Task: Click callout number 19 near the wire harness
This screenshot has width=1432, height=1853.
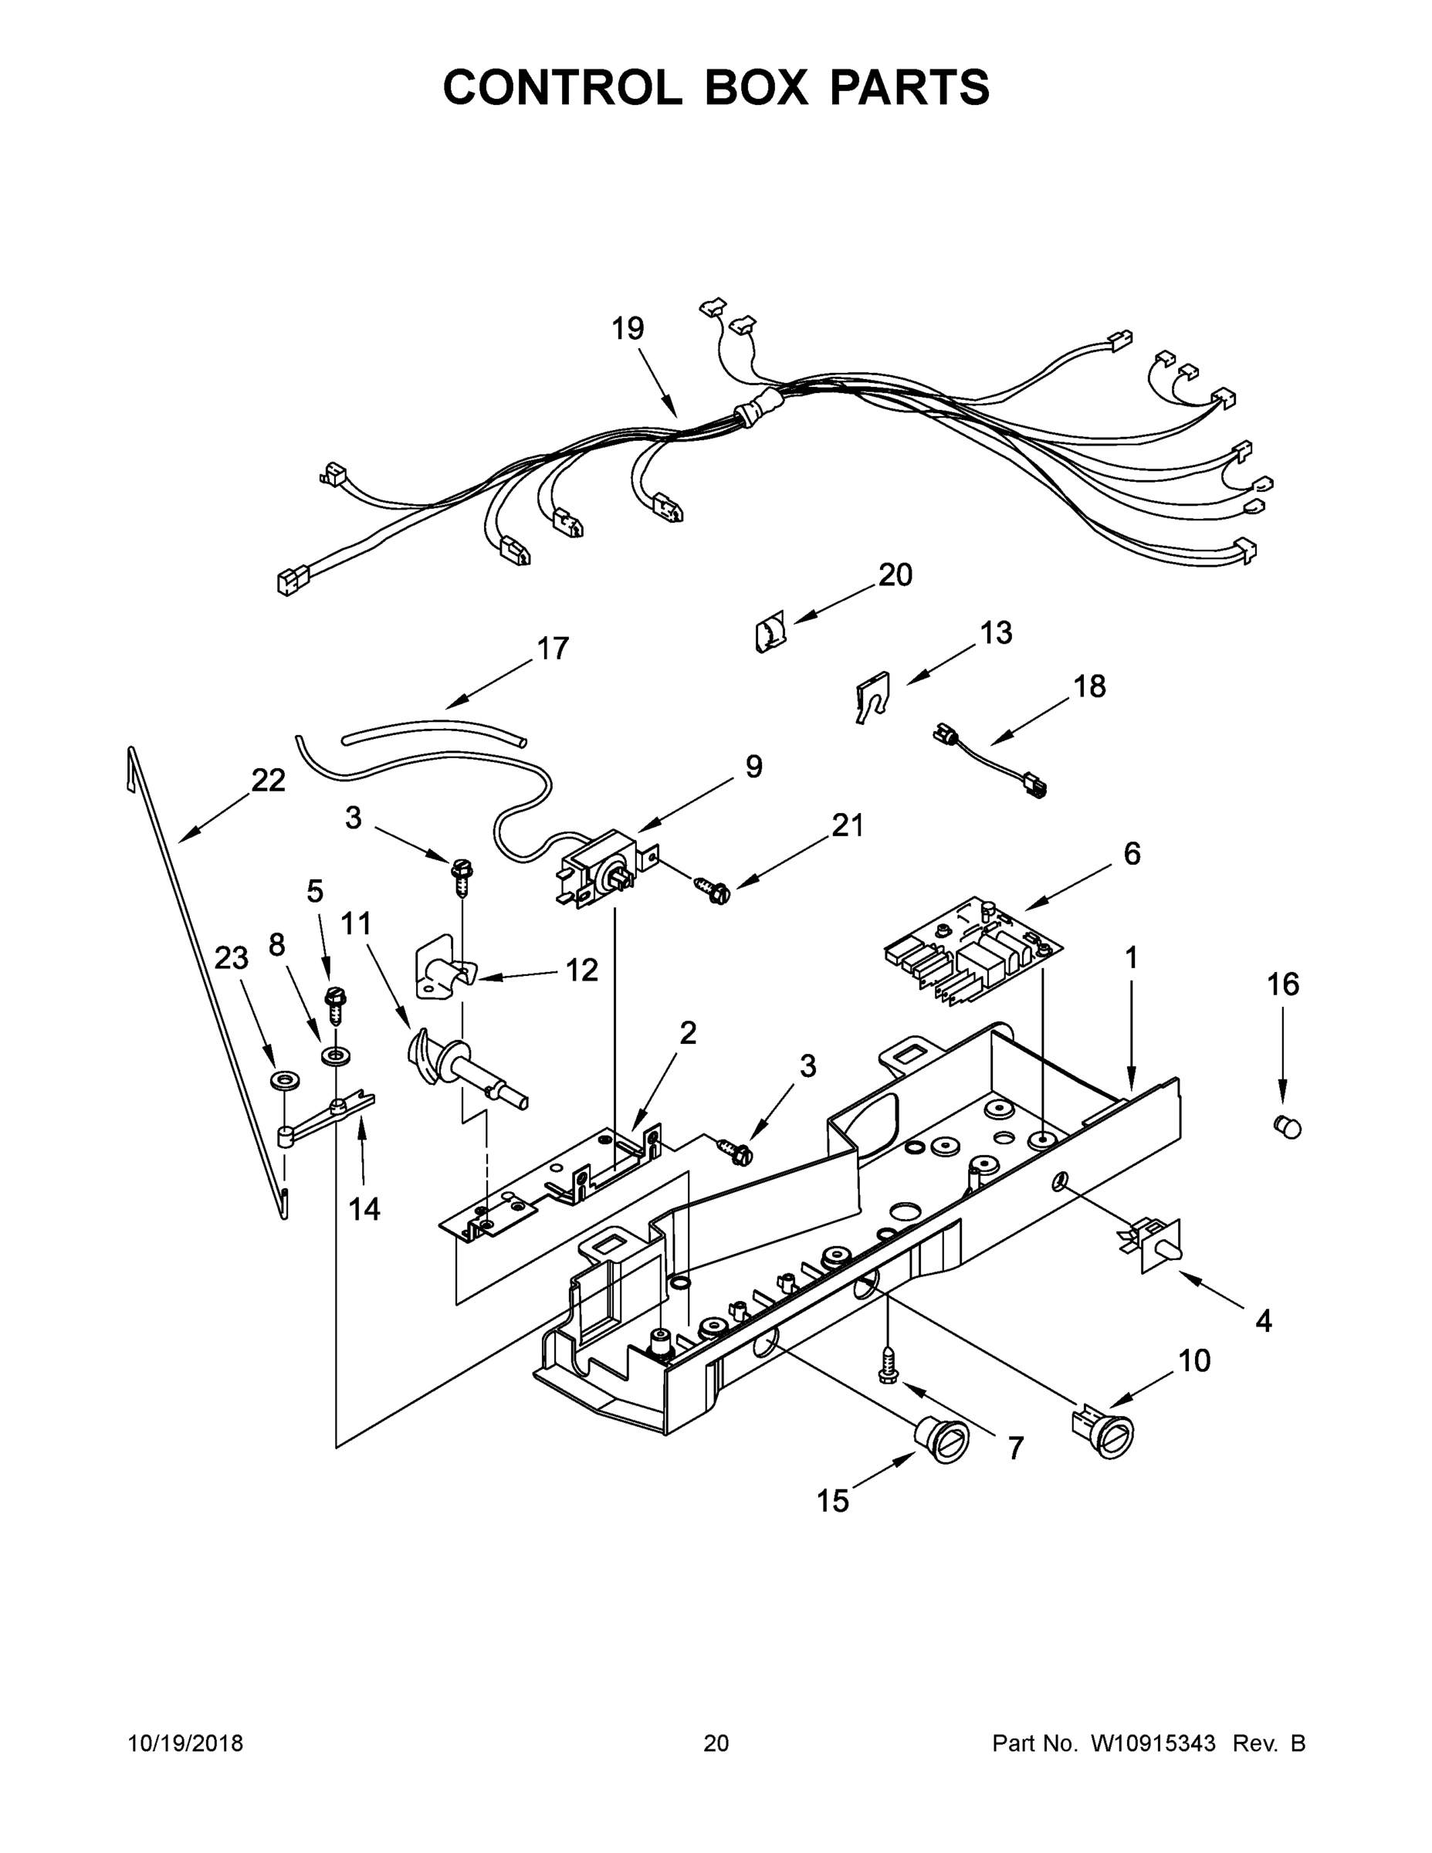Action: [628, 328]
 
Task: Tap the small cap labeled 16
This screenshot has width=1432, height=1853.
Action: [1287, 1126]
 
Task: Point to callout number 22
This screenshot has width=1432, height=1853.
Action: [268, 780]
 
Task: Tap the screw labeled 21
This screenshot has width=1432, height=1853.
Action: [715, 890]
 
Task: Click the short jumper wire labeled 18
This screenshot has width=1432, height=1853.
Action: [990, 760]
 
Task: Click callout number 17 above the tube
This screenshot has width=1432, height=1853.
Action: [552, 649]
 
